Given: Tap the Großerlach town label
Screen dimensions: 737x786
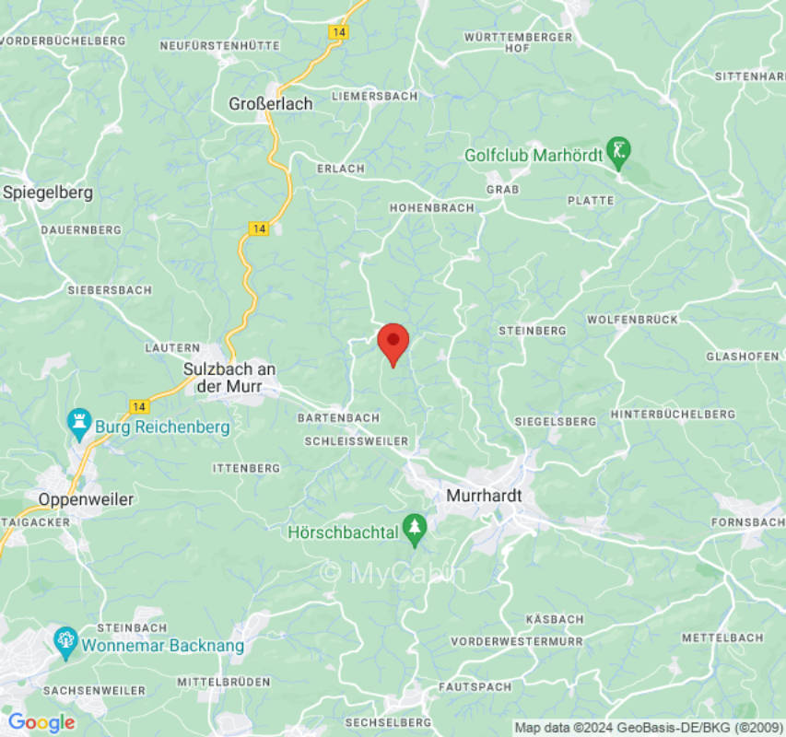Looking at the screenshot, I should (x=271, y=104).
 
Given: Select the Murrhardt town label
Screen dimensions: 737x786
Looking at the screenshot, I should (x=484, y=496).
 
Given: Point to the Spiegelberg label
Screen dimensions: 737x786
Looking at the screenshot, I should (x=48, y=193).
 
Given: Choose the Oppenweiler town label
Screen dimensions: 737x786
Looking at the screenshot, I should (x=86, y=499).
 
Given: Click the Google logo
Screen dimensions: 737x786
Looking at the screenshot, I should (x=41, y=722).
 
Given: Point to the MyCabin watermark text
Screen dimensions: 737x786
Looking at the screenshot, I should (x=393, y=572).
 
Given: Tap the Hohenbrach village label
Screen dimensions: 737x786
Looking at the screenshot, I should (x=432, y=208).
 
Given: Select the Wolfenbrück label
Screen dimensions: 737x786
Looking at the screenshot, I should (x=632, y=320).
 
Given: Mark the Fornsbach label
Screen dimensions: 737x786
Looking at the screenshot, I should (x=749, y=522).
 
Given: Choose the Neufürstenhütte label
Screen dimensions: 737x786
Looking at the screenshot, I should (x=219, y=45).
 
